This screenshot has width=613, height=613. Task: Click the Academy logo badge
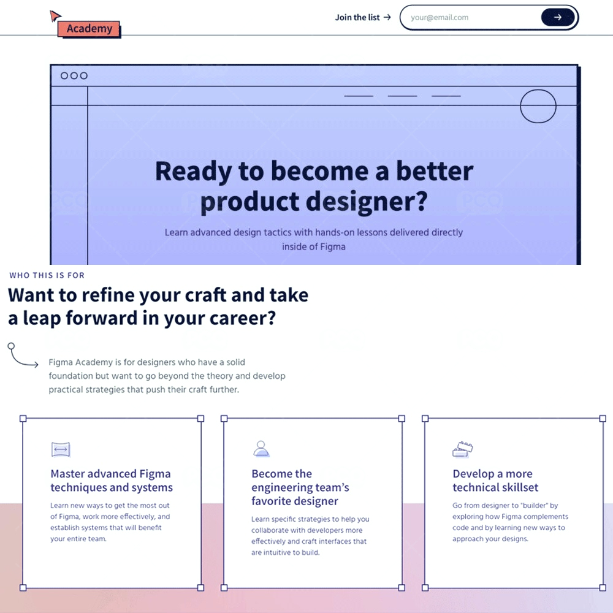(89, 29)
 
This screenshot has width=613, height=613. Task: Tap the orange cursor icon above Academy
(55, 16)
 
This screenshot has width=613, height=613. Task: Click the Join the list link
(363, 17)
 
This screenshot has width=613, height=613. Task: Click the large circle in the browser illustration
(538, 90)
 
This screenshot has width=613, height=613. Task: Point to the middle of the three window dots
(74, 75)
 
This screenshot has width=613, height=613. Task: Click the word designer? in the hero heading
(367, 202)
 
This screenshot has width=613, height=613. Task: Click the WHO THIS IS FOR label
(47, 275)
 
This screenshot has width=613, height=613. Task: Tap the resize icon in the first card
(61, 449)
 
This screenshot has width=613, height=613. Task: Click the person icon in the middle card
(261, 449)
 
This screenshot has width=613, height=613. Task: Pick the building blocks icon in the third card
(462, 449)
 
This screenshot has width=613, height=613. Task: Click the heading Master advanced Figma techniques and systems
(112, 481)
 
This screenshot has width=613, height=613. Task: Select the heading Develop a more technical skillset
(495, 481)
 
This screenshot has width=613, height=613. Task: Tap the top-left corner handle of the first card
(23, 419)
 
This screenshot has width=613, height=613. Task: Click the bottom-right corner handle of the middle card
(402, 588)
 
